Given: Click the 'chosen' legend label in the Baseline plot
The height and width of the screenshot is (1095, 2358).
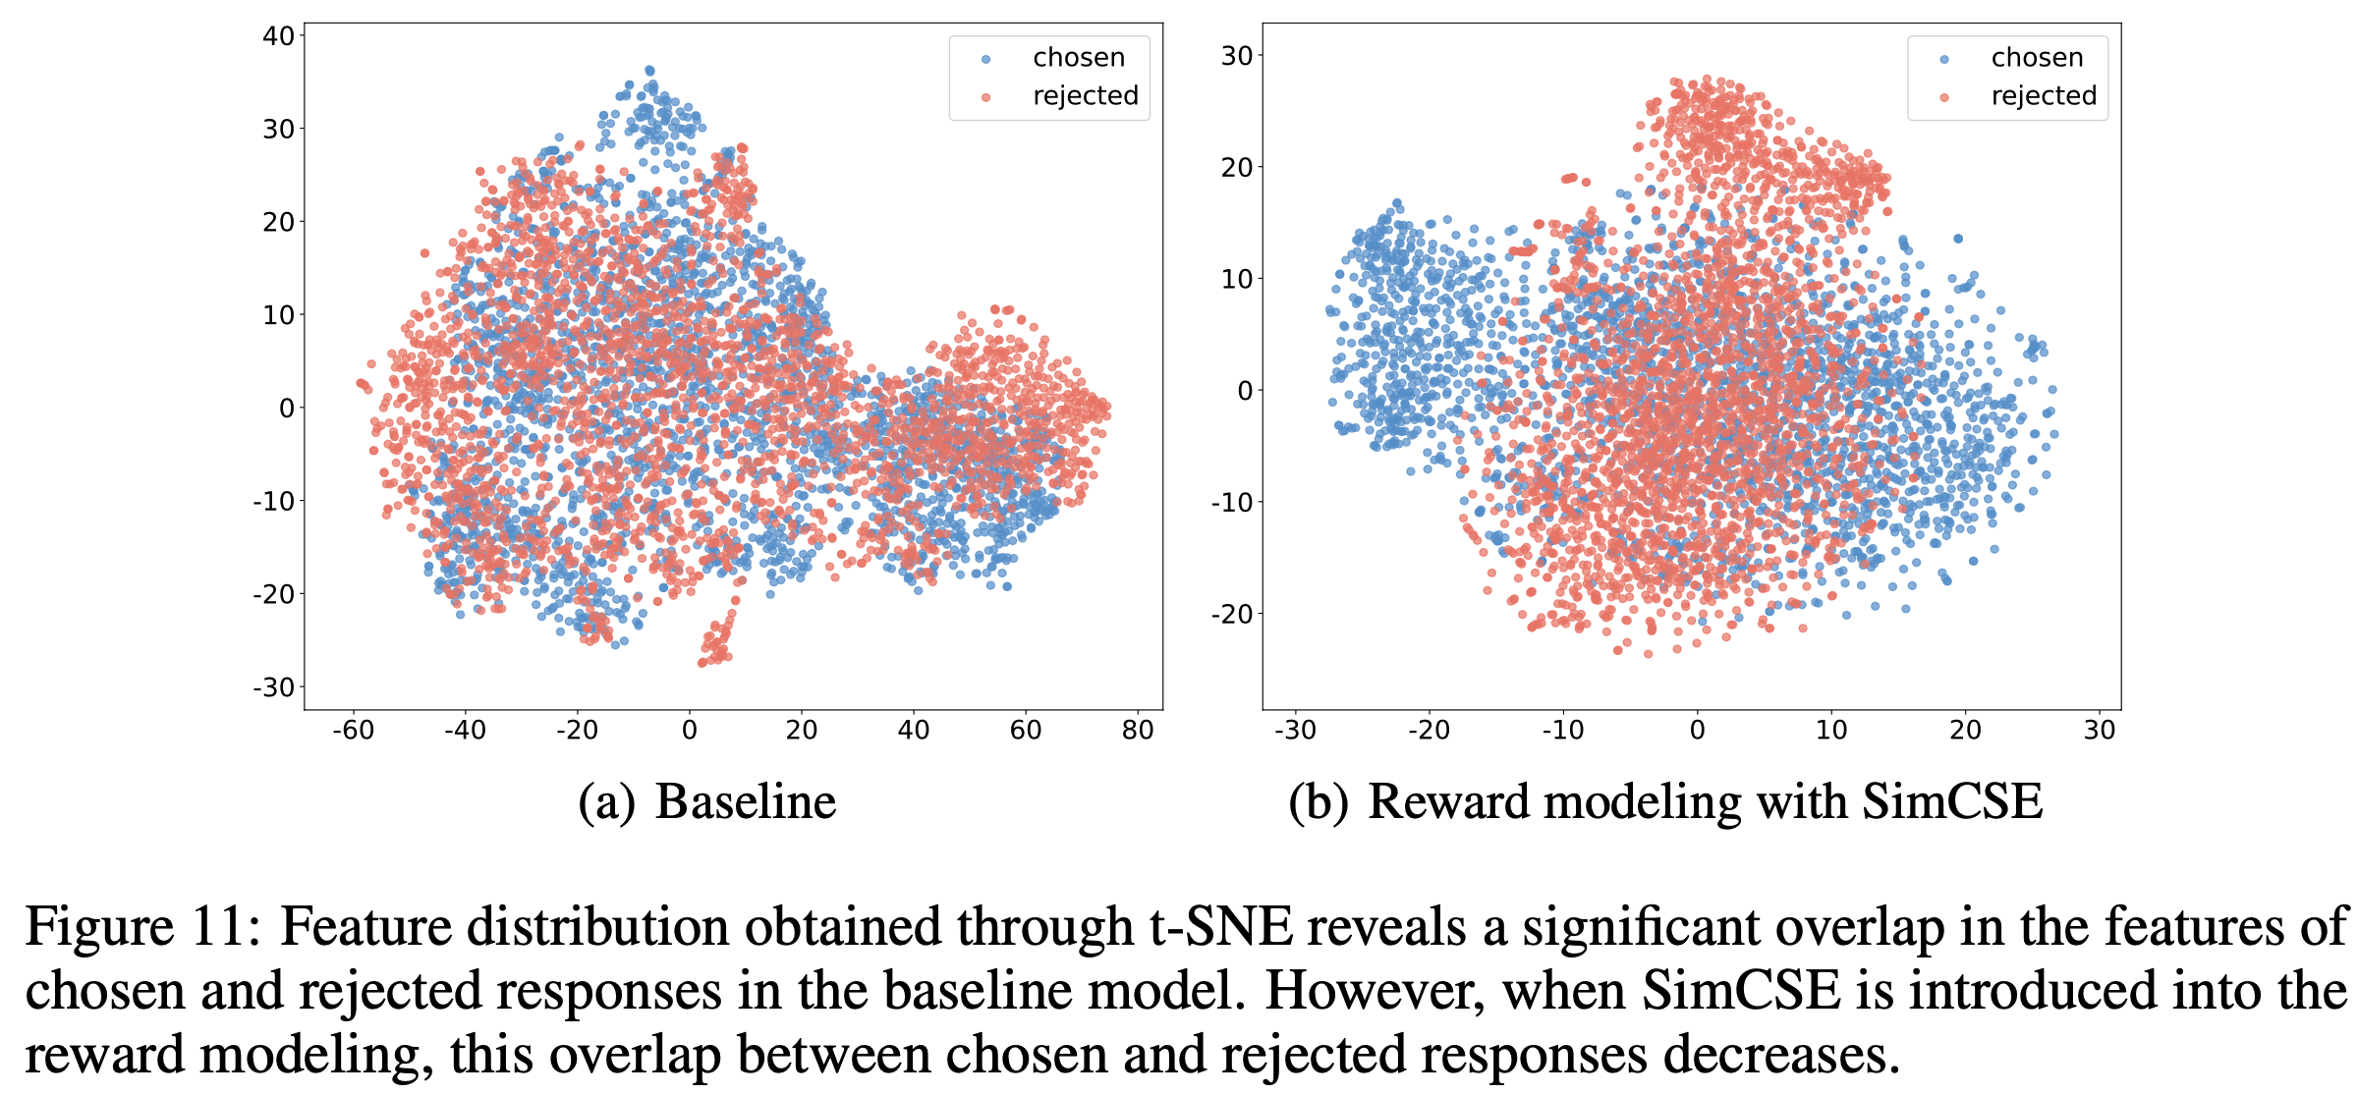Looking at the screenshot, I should pos(1078,58).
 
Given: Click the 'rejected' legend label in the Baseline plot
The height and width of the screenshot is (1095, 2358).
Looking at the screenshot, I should pos(1085,96).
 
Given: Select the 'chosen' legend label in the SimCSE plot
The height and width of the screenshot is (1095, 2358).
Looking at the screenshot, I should pos(2037,58).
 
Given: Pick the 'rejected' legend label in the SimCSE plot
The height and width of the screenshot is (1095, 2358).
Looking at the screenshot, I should pos(2044,96).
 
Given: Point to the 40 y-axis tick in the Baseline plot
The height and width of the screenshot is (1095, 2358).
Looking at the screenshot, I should pos(279,36).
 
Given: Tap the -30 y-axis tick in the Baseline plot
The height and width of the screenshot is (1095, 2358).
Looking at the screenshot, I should pos(274,687).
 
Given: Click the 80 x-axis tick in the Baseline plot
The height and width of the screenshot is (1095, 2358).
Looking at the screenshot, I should pos(1138,731).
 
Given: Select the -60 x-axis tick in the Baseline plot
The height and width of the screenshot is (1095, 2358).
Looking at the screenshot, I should pos(353,731).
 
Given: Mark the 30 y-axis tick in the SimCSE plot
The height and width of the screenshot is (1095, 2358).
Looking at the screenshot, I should pos(1237,56).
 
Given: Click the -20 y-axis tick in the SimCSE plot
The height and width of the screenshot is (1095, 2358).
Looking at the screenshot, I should pos(1232,615).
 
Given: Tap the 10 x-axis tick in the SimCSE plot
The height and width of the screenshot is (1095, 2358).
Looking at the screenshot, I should pos(1831,731).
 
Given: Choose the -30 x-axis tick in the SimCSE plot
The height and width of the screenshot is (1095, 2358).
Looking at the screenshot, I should pos(1294,731).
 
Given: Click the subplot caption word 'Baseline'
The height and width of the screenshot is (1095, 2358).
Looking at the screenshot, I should pos(746,801).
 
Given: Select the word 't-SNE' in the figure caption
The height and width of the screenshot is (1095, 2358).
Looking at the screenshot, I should pos(1221,926).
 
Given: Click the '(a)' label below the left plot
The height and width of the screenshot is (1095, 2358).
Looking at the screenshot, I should pos(606,801).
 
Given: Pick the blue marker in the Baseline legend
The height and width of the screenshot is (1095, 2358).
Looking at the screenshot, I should pos(986,59).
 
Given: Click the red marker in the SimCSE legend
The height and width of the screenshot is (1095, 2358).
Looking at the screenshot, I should pos(1944,97).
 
